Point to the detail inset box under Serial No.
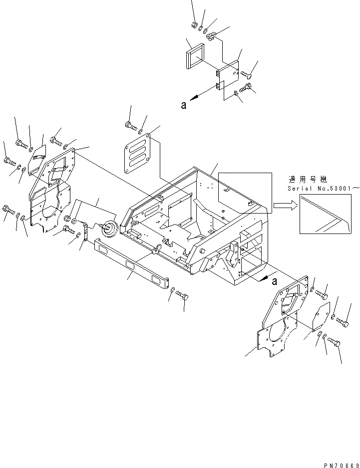point(322,214)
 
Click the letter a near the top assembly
point(184,106)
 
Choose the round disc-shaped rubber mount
point(109,231)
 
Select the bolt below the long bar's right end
point(183,296)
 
